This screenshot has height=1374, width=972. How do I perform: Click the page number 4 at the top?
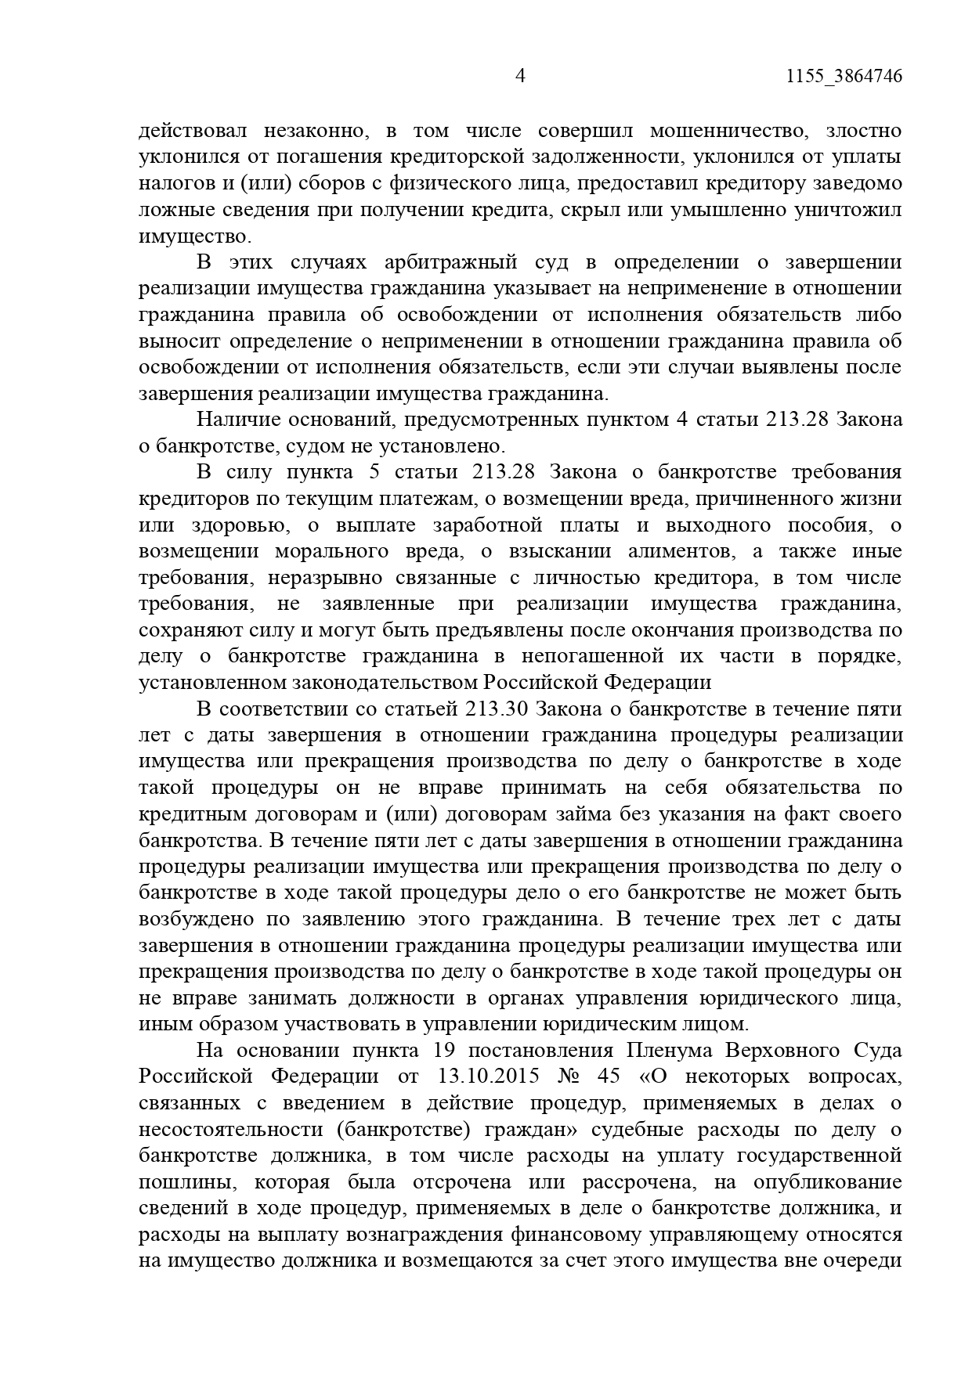pos(520,76)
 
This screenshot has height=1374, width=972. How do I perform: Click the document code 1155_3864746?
pos(843,76)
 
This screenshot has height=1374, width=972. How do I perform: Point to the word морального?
pos(332,551)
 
